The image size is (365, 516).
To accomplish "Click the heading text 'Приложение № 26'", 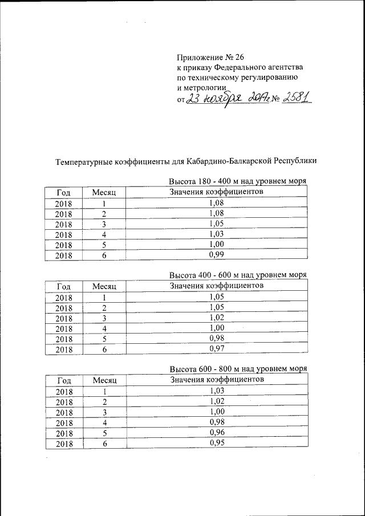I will pos(210,58).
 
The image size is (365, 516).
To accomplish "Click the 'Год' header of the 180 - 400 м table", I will pos(64,193).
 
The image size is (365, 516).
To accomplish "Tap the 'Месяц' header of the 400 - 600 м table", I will pos(104,286).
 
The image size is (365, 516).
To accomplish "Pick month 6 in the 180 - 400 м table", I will pos(104,256).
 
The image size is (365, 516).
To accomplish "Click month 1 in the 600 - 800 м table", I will pos(104,391).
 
